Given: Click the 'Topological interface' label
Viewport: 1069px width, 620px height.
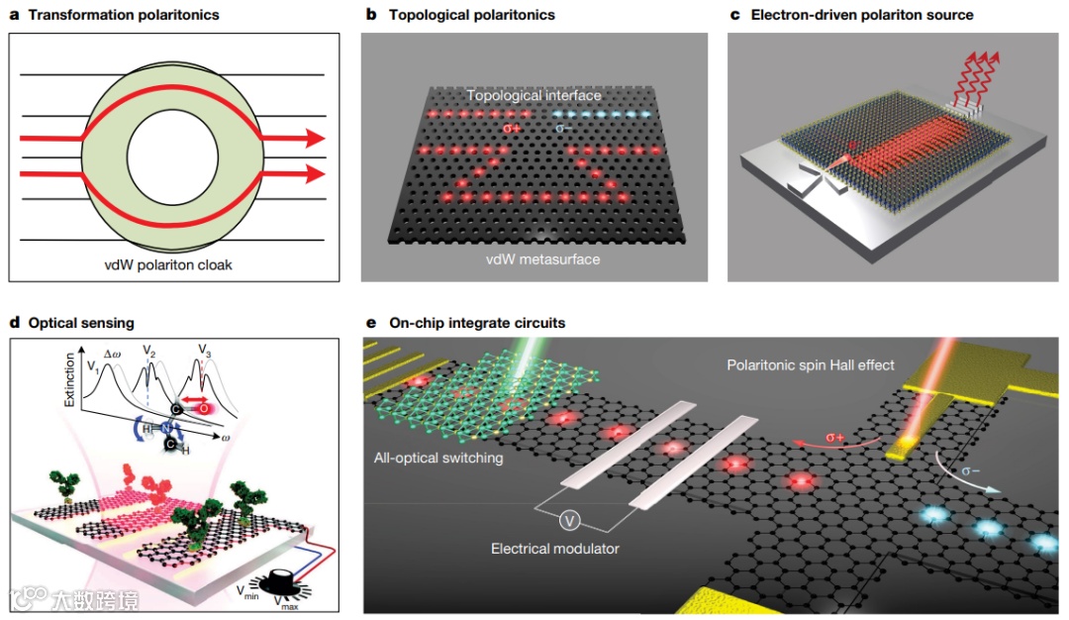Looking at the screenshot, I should [x=534, y=96].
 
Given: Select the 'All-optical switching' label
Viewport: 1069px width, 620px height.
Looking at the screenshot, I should [x=439, y=458].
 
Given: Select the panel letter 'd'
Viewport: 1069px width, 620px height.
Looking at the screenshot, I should [x=14, y=323].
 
